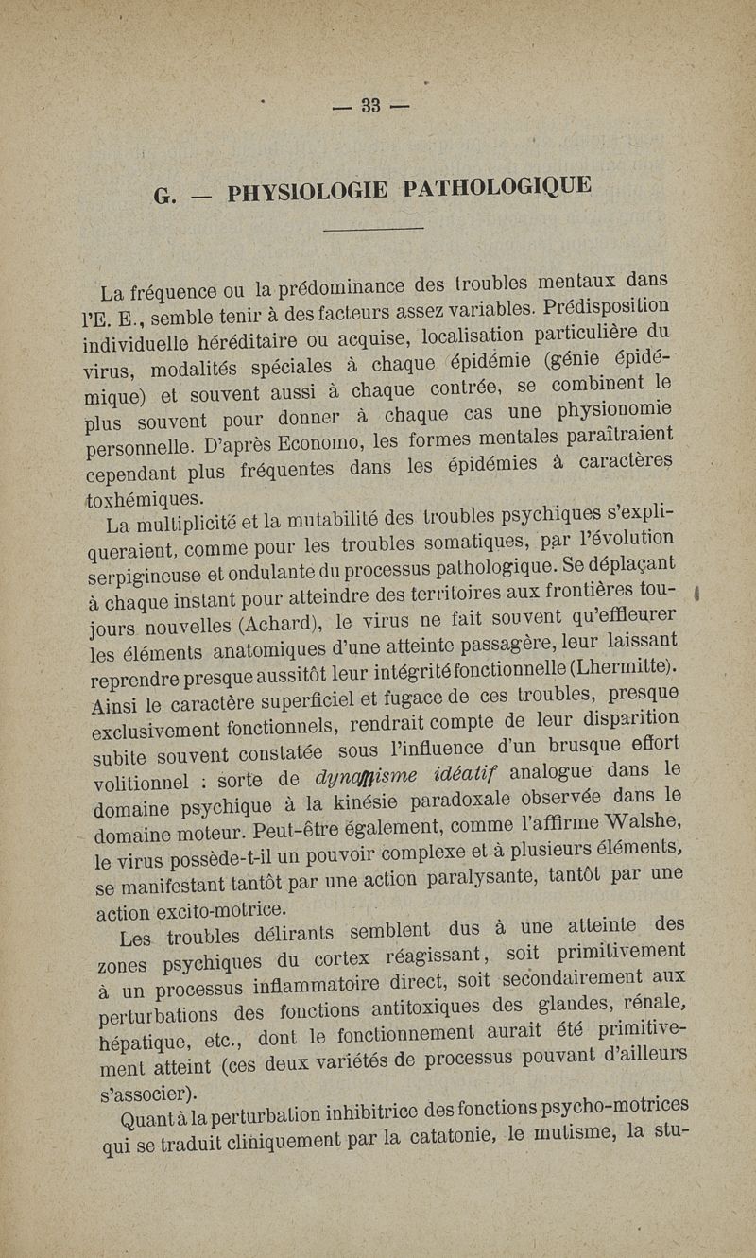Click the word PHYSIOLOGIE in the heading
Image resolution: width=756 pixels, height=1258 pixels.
click(307, 192)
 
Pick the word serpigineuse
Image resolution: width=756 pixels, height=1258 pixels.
click(153, 580)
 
